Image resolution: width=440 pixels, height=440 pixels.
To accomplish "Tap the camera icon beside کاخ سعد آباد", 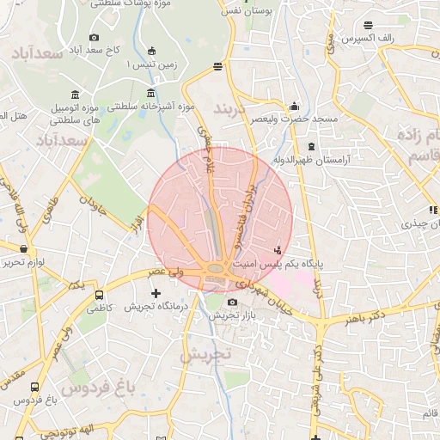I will [x=94, y=37].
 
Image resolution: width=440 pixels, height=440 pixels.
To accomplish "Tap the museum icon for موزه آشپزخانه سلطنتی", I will [x=151, y=94].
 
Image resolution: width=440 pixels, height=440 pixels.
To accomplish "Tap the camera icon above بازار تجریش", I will [x=233, y=302].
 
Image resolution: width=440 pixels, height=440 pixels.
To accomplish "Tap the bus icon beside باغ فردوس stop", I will [x=34, y=388].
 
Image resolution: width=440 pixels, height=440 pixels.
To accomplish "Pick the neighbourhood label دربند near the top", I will [x=232, y=111].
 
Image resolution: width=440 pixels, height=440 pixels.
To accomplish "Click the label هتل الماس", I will [x=12, y=115].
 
